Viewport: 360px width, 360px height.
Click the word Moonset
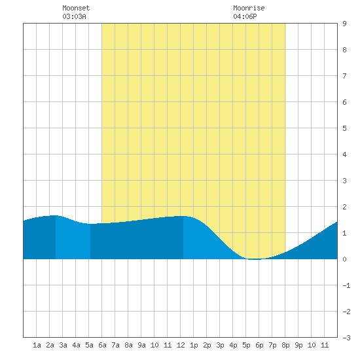[x=76, y=8]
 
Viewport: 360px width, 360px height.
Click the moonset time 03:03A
[x=74, y=16]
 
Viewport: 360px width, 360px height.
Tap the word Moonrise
[x=249, y=8]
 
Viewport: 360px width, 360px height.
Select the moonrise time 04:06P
[x=245, y=16]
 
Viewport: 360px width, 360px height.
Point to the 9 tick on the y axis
[x=344, y=24]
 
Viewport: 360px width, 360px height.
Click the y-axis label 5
[x=344, y=128]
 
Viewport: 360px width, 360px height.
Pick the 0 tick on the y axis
[x=344, y=259]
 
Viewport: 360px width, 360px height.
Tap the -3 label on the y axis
[x=346, y=338]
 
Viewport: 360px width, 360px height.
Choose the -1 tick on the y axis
[x=346, y=285]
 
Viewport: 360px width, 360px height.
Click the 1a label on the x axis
[x=37, y=345]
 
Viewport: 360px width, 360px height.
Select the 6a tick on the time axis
[x=102, y=345]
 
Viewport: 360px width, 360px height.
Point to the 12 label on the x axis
[x=181, y=345]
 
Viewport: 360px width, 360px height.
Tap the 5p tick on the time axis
[x=246, y=345]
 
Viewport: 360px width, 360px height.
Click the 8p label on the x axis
[x=285, y=345]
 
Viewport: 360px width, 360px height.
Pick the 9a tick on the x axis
[x=141, y=345]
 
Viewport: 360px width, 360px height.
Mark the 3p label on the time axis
[x=220, y=345]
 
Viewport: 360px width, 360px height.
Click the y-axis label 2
[x=344, y=207]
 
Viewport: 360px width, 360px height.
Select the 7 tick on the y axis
[x=344, y=76]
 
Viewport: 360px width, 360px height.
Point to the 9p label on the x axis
[x=298, y=345]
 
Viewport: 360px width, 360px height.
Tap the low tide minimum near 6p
[x=254, y=259]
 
